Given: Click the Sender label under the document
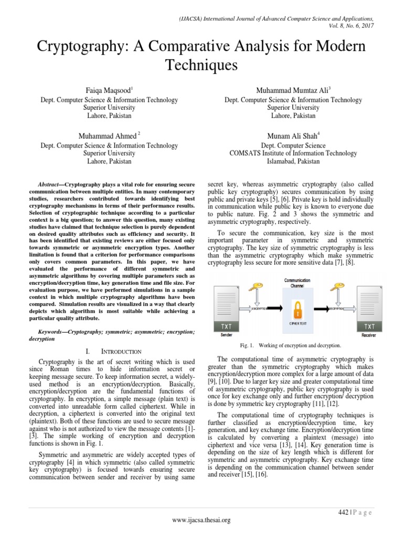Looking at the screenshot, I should [x=226, y=335].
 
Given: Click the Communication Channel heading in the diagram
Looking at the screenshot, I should [x=297, y=284].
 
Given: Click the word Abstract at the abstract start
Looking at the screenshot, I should [x=50, y=185].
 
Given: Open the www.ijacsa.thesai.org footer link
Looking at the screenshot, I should [x=201, y=520].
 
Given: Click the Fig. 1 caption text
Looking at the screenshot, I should [x=297, y=345].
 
